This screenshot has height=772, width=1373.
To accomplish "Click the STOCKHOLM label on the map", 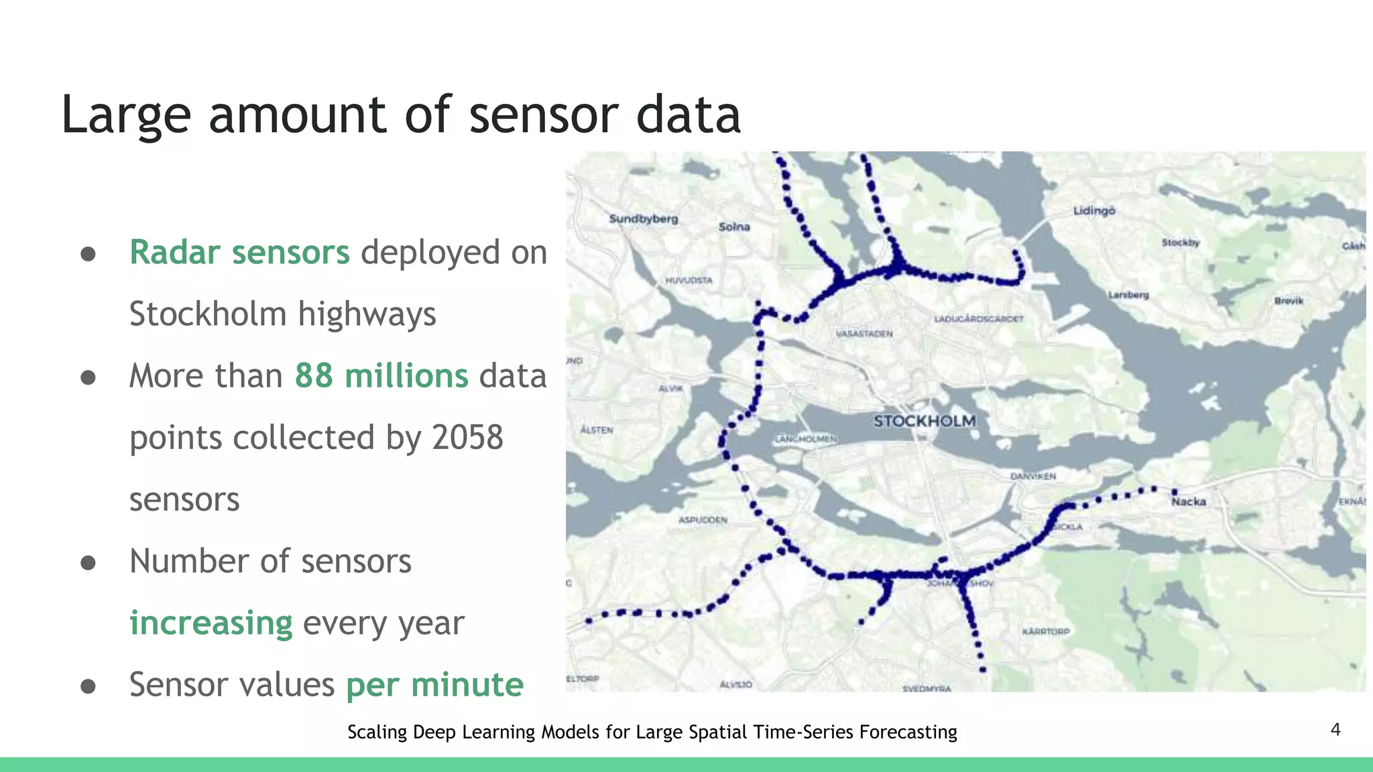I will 924,422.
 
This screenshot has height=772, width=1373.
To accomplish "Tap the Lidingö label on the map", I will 1094,211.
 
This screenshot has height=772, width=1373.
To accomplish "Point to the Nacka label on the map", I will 1189,501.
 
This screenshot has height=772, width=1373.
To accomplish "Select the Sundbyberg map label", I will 644,218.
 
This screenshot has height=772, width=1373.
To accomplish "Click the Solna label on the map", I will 734,227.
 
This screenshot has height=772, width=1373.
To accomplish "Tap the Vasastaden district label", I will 864,333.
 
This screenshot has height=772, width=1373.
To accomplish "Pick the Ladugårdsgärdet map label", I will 979,319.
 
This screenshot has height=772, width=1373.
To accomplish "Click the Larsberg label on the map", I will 1128,295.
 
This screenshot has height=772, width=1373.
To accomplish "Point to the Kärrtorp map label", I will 1046,631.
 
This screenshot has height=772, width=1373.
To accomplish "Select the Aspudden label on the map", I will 703,520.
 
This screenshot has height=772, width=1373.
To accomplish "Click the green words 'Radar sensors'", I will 239,253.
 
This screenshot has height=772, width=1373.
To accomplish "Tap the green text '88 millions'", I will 381,376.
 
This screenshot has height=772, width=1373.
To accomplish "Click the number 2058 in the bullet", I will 467,438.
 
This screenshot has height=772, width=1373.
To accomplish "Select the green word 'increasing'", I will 211,623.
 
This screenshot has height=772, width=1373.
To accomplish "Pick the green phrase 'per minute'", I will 434,685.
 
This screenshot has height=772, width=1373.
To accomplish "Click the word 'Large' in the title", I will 126,115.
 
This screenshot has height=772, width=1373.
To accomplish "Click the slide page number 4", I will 1335,730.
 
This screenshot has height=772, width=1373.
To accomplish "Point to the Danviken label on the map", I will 1033,476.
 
